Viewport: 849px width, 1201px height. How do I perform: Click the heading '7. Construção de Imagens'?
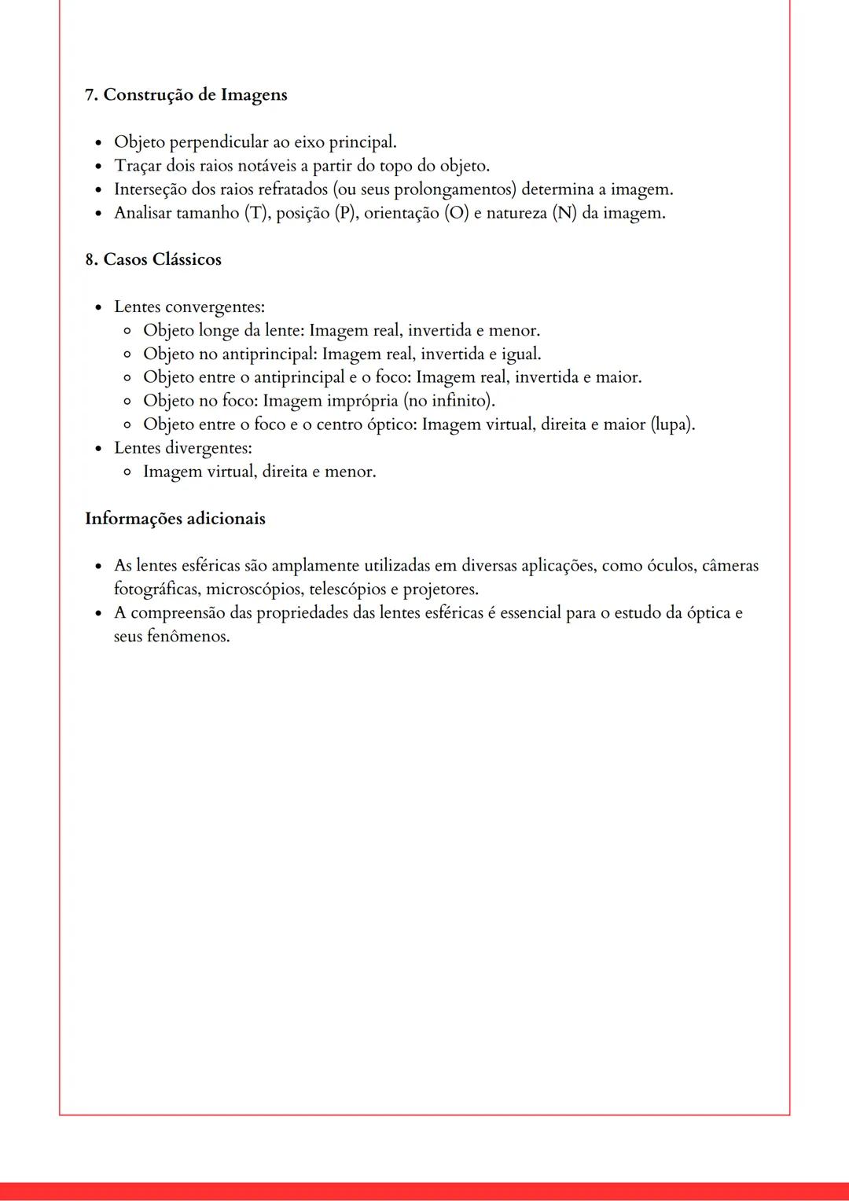186,95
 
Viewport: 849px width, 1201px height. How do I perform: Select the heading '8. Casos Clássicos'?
153,259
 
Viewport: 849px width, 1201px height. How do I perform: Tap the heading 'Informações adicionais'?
175,519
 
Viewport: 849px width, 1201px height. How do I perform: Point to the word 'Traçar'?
138,166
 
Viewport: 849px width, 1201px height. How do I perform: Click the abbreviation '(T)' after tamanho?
254,213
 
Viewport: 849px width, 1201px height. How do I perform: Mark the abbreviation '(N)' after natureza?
564,213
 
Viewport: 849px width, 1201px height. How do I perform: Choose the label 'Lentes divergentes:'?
183,448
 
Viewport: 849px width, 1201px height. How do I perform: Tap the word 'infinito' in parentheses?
462,401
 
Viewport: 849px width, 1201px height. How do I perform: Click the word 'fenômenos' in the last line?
188,637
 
